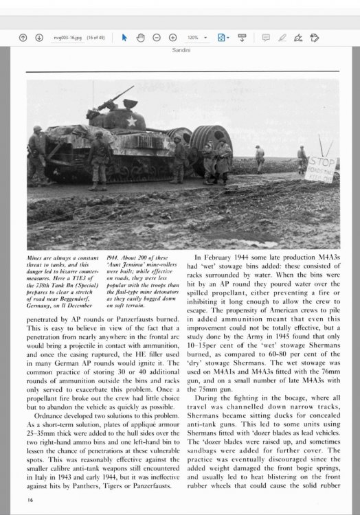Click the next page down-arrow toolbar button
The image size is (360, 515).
39,37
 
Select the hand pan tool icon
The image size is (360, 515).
140,37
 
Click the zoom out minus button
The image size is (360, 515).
157,37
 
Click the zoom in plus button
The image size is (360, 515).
173,37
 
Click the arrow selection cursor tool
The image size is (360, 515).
124,37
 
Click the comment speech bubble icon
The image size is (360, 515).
265,37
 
